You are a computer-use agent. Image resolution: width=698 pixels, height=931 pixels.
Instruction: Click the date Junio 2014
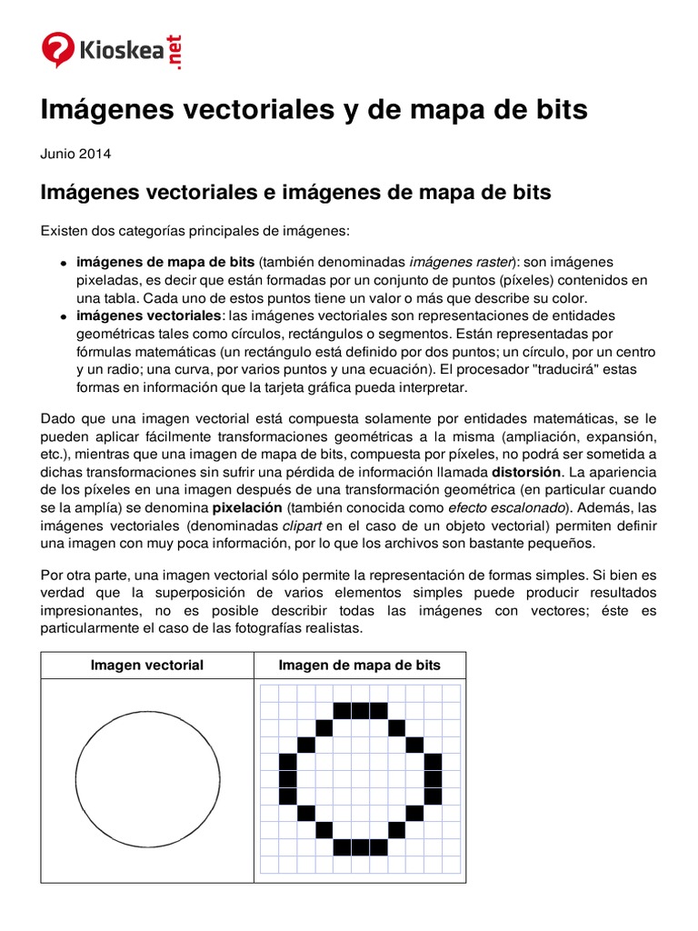75,155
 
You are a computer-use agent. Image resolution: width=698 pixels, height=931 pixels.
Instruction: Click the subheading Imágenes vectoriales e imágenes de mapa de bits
295,193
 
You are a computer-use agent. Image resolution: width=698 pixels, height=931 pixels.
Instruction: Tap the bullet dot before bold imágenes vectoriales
65,316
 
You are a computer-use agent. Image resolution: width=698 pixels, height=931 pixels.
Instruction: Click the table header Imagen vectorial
147,666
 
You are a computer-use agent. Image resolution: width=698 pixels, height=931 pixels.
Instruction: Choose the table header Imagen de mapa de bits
359,666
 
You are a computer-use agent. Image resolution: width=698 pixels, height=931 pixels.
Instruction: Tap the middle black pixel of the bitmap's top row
361,710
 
